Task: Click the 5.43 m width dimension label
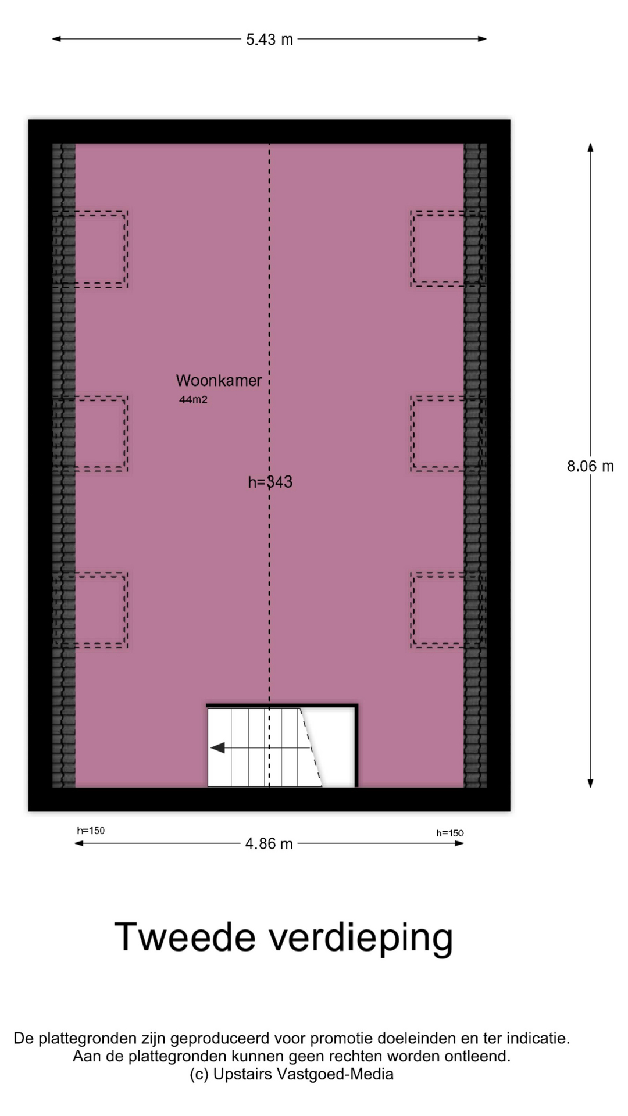click(269, 40)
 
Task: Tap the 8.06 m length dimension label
click(590, 466)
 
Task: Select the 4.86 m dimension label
click(269, 843)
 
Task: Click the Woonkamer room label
click(219, 381)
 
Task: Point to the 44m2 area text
click(193, 400)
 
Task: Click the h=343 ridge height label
click(270, 482)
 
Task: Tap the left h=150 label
click(91, 831)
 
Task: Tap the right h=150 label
click(450, 833)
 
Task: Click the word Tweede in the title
click(185, 936)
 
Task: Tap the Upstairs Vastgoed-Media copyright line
click(291, 1074)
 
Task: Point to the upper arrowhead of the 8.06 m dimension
click(590, 148)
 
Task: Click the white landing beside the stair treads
click(334, 747)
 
